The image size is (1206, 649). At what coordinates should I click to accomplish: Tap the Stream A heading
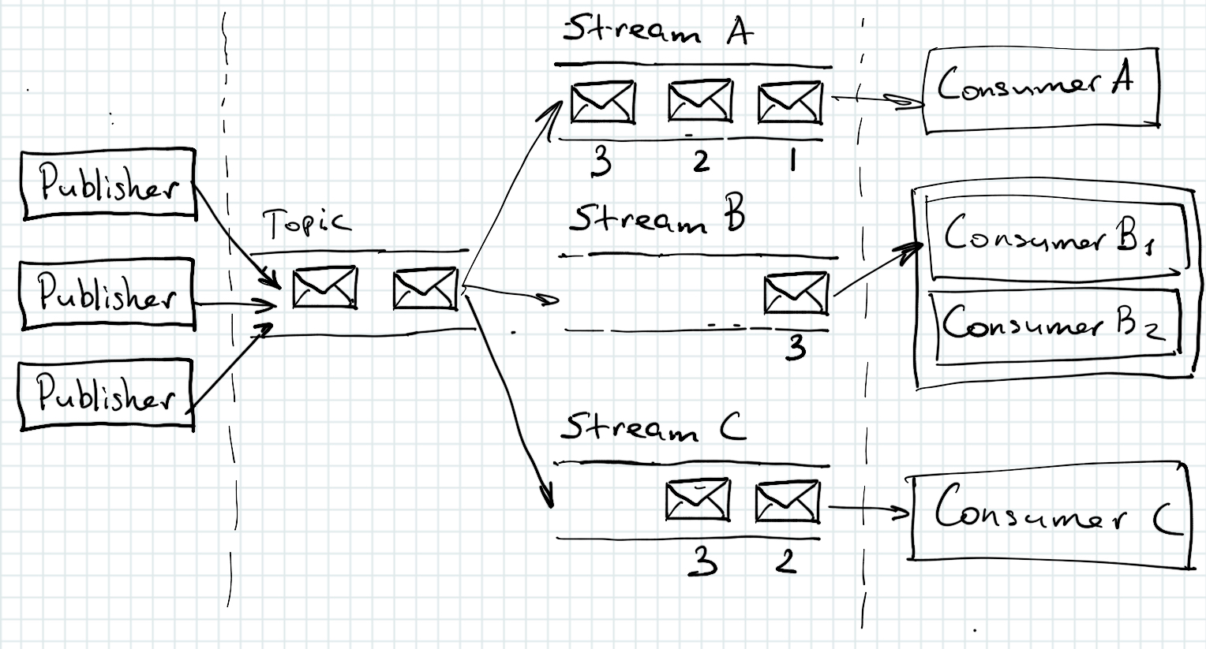point(657,32)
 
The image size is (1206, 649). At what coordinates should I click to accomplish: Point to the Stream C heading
point(652,428)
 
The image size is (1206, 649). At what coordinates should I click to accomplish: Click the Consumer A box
point(1040,88)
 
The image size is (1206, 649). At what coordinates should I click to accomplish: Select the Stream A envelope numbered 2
point(700,102)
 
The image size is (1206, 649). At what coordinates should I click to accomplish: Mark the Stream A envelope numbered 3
point(603,103)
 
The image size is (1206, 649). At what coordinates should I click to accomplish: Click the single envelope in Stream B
point(796,293)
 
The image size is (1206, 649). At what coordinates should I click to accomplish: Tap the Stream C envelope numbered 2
point(787,502)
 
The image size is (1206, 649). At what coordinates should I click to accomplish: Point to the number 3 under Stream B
point(796,347)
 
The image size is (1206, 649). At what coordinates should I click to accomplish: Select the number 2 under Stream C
point(785,561)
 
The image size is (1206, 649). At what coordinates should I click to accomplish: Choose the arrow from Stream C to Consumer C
point(867,510)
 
